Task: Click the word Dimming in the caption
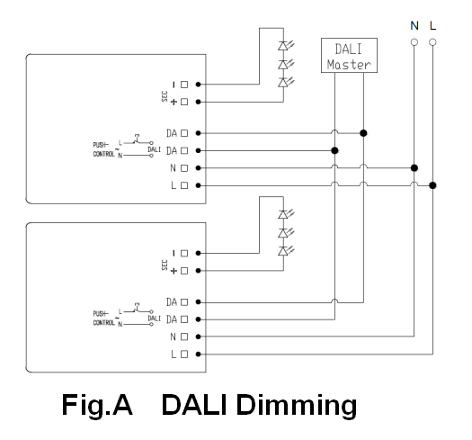tap(297, 406)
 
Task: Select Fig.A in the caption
tap(97, 405)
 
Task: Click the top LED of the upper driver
tap(283, 46)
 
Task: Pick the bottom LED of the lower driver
tap(283, 251)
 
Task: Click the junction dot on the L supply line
tap(432, 185)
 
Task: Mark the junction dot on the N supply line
tap(414, 168)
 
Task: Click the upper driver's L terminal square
tap(184, 185)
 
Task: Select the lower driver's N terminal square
tap(184, 337)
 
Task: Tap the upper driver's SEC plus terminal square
tap(184, 102)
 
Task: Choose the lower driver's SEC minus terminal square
tap(184, 254)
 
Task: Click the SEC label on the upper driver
tap(165, 96)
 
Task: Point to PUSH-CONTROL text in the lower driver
tap(103, 319)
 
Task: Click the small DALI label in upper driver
tap(154, 149)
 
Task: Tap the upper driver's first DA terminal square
tap(184, 133)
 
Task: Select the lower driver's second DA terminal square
tap(184, 319)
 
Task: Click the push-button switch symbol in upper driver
tap(137, 139)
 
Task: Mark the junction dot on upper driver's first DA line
tap(363, 133)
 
